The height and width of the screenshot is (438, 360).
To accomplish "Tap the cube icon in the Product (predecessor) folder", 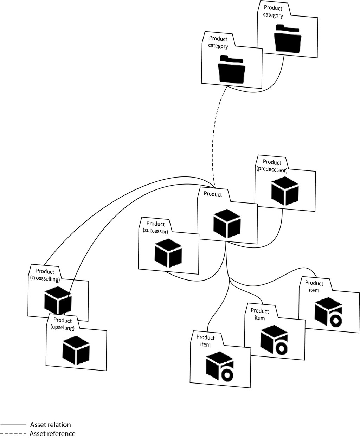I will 285,191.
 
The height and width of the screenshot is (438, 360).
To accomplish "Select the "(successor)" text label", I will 155,231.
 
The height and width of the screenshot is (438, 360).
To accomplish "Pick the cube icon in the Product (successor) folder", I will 168,253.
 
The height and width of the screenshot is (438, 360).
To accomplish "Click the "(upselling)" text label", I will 63,328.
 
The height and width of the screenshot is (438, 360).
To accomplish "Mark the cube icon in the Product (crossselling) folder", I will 58,300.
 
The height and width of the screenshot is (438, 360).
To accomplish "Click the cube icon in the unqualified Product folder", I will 227,224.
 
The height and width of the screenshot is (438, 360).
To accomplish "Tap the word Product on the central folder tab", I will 213,194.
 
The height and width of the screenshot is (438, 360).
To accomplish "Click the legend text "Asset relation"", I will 50,425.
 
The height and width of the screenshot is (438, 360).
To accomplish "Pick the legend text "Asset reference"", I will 52,434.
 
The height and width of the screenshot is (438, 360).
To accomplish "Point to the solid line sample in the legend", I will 13,425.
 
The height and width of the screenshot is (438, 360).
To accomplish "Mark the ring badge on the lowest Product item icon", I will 227,375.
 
